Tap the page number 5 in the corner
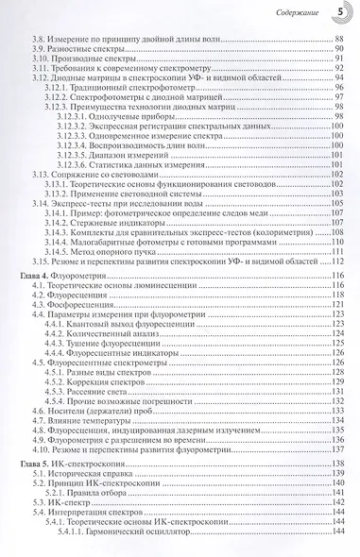[x=341, y=12]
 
